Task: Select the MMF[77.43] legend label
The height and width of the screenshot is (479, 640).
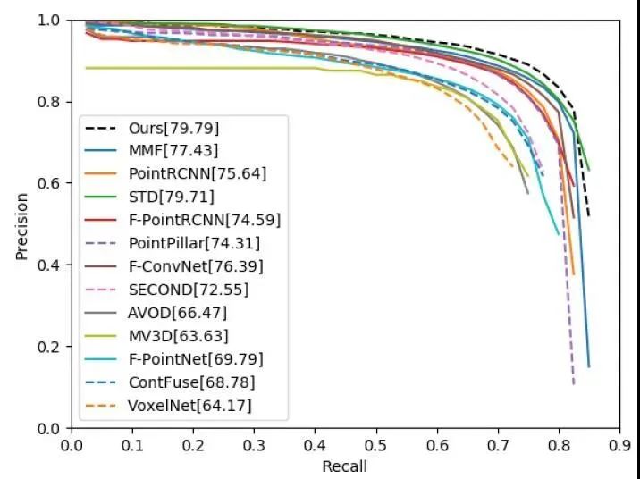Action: tap(173, 150)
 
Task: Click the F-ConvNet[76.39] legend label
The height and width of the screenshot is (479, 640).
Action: tap(196, 266)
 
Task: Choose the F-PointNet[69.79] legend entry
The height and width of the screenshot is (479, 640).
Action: tap(197, 359)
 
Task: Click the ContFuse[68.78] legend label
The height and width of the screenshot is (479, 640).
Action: tap(192, 382)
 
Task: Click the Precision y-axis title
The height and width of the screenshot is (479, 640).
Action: tap(21, 223)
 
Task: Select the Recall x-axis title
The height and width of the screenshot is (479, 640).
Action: tap(344, 466)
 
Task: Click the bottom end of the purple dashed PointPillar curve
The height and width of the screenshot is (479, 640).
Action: tap(573, 384)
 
